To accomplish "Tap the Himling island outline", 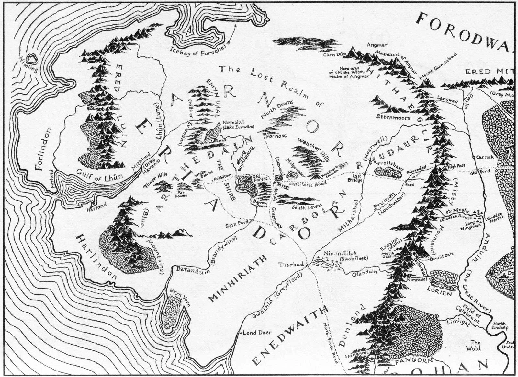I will [x=32, y=59].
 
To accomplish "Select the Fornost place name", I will [x=276, y=136].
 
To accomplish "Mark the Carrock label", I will [x=485, y=157].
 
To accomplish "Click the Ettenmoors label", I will [x=393, y=118].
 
